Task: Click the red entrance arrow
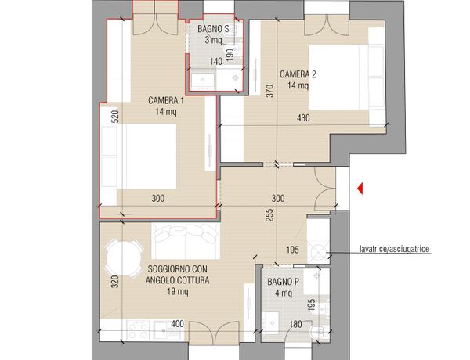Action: pyautogui.click(x=360, y=189)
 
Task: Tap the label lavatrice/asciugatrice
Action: pyautogui.click(x=395, y=249)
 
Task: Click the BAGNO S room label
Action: pyautogui.click(x=213, y=29)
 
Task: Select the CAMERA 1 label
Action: pyautogui.click(x=166, y=100)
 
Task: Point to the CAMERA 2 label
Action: pyautogui.click(x=298, y=74)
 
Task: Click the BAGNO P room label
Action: pyautogui.click(x=283, y=282)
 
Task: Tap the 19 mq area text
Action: pyautogui.click(x=178, y=291)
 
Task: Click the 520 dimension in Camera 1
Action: pyautogui.click(x=115, y=117)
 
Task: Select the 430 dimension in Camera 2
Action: pyautogui.click(x=303, y=118)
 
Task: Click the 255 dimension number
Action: pyautogui.click(x=269, y=215)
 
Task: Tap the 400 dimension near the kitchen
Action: pyautogui.click(x=178, y=324)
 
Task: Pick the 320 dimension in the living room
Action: pyautogui.click(x=115, y=282)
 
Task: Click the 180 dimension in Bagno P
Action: pyautogui.click(x=295, y=324)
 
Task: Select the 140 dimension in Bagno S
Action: pyautogui.click(x=216, y=62)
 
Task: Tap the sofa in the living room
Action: pyautogui.click(x=186, y=241)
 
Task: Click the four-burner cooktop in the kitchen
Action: pyautogui.click(x=138, y=329)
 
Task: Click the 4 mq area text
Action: pyautogui.click(x=284, y=293)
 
